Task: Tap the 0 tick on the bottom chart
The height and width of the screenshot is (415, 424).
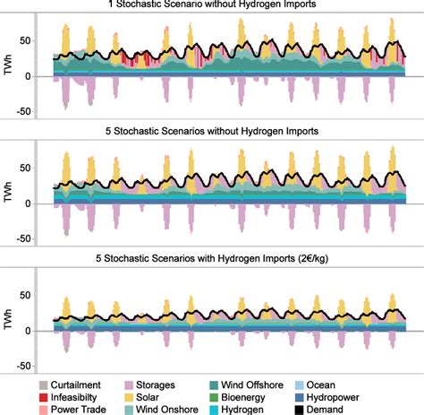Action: (x=38, y=331)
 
